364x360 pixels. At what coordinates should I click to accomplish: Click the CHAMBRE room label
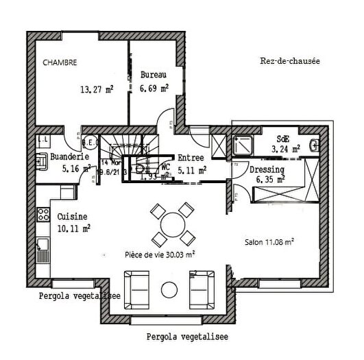(60, 62)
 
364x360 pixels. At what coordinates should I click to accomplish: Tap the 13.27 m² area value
(97, 88)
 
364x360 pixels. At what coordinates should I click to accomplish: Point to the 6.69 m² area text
(154, 90)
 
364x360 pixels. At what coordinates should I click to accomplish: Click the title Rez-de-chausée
(290, 61)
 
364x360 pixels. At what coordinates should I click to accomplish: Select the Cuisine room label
(72, 215)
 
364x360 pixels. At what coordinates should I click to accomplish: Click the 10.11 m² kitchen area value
(74, 228)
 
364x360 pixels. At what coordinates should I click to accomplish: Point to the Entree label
(191, 157)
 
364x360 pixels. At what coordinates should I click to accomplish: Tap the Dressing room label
(267, 169)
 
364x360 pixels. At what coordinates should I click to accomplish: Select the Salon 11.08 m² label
(269, 242)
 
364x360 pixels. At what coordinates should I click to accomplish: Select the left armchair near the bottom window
(136, 288)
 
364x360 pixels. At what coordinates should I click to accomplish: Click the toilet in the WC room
(141, 167)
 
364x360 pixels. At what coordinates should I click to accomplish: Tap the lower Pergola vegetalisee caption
(187, 337)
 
